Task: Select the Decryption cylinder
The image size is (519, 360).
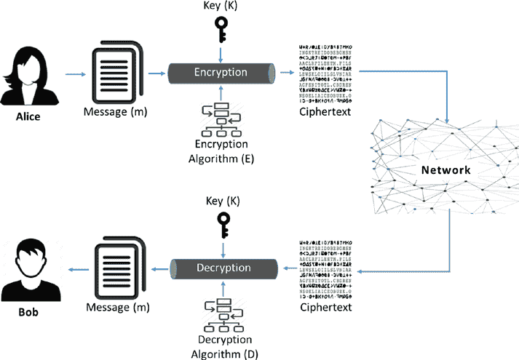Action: point(222,268)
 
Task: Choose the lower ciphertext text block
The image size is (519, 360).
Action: point(326,268)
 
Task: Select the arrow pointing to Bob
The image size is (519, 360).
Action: point(74,270)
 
